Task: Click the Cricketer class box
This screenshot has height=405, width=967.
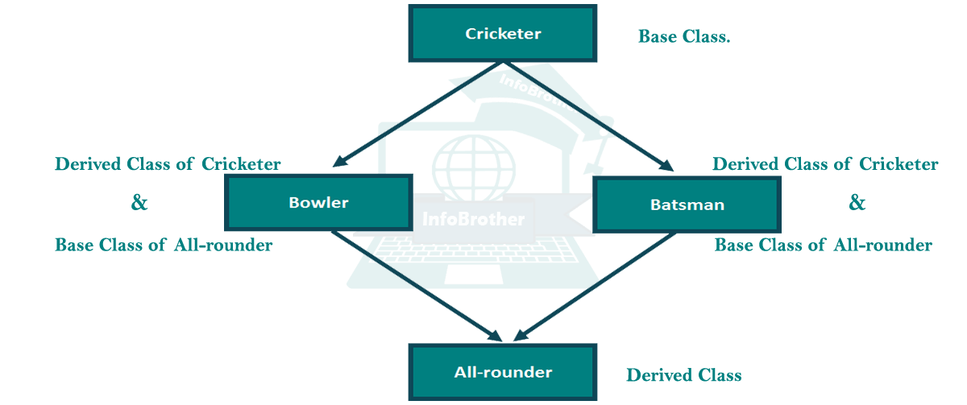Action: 503,34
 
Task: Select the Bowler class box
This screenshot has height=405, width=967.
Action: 318,203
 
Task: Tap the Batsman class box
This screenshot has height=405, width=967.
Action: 687,205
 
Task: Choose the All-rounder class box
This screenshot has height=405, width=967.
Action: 503,373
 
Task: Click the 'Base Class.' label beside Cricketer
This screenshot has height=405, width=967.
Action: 684,37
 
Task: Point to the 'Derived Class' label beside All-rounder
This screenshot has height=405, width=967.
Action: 683,375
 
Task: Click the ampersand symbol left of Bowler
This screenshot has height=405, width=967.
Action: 139,203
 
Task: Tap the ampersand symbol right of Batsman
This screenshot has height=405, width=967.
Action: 857,203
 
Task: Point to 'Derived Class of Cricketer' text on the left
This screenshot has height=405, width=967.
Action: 168,164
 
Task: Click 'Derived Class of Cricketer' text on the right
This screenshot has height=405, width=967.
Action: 825,164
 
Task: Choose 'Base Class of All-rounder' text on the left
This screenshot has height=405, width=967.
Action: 164,245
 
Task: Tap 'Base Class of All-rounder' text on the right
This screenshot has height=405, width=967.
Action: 823,245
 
